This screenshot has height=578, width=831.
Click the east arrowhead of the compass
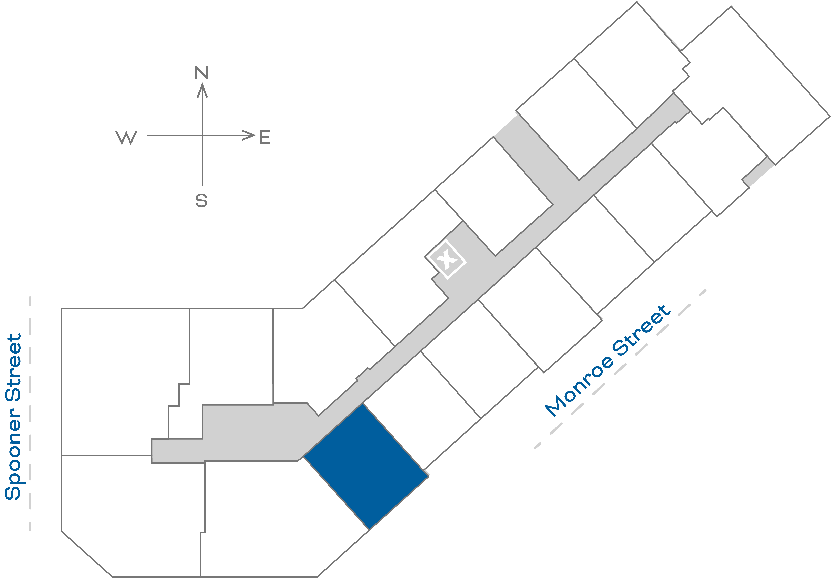249,135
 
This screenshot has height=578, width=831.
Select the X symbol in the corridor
446,259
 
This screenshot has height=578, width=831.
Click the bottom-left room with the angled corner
130,514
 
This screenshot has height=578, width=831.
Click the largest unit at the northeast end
756,83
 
